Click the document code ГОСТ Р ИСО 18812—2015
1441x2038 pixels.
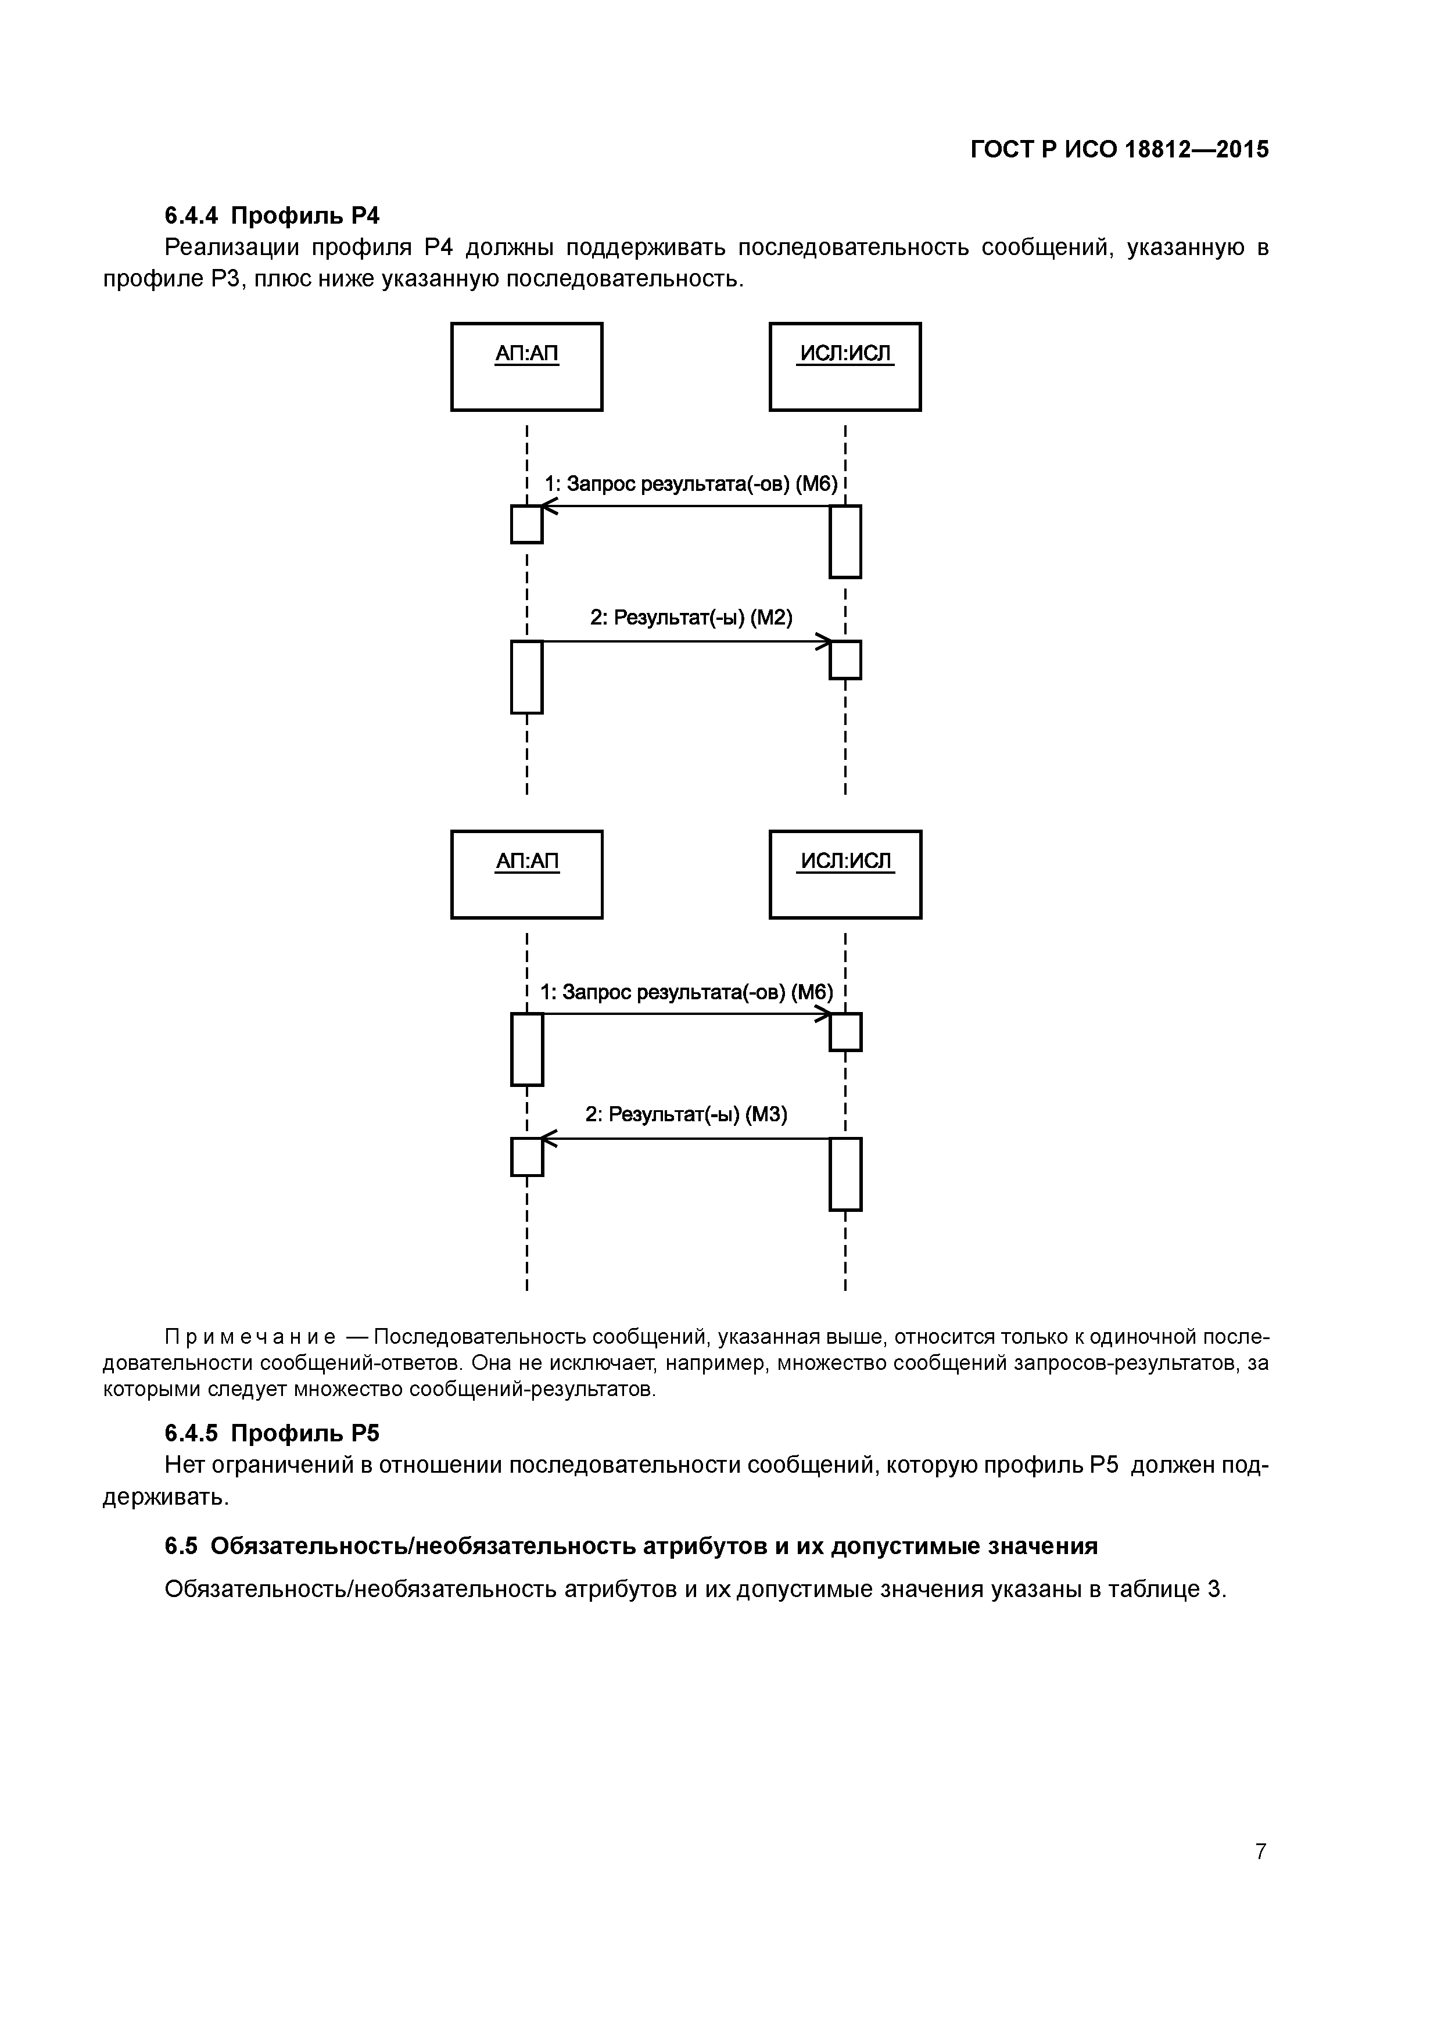coord(1119,149)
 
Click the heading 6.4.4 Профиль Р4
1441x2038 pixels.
coord(272,215)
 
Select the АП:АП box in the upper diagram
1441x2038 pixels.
coord(526,367)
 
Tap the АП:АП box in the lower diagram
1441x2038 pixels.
coord(526,874)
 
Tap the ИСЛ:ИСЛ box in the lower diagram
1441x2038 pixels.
coord(845,874)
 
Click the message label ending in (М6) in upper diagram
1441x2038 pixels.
coord(691,485)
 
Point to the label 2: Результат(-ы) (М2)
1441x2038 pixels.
coord(691,618)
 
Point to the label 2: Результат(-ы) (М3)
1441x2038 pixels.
coord(686,1115)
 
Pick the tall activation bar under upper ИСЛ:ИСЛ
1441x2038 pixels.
coord(845,541)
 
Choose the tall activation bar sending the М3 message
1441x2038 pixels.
coord(845,1174)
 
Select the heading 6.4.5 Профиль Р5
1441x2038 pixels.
coord(272,1433)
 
